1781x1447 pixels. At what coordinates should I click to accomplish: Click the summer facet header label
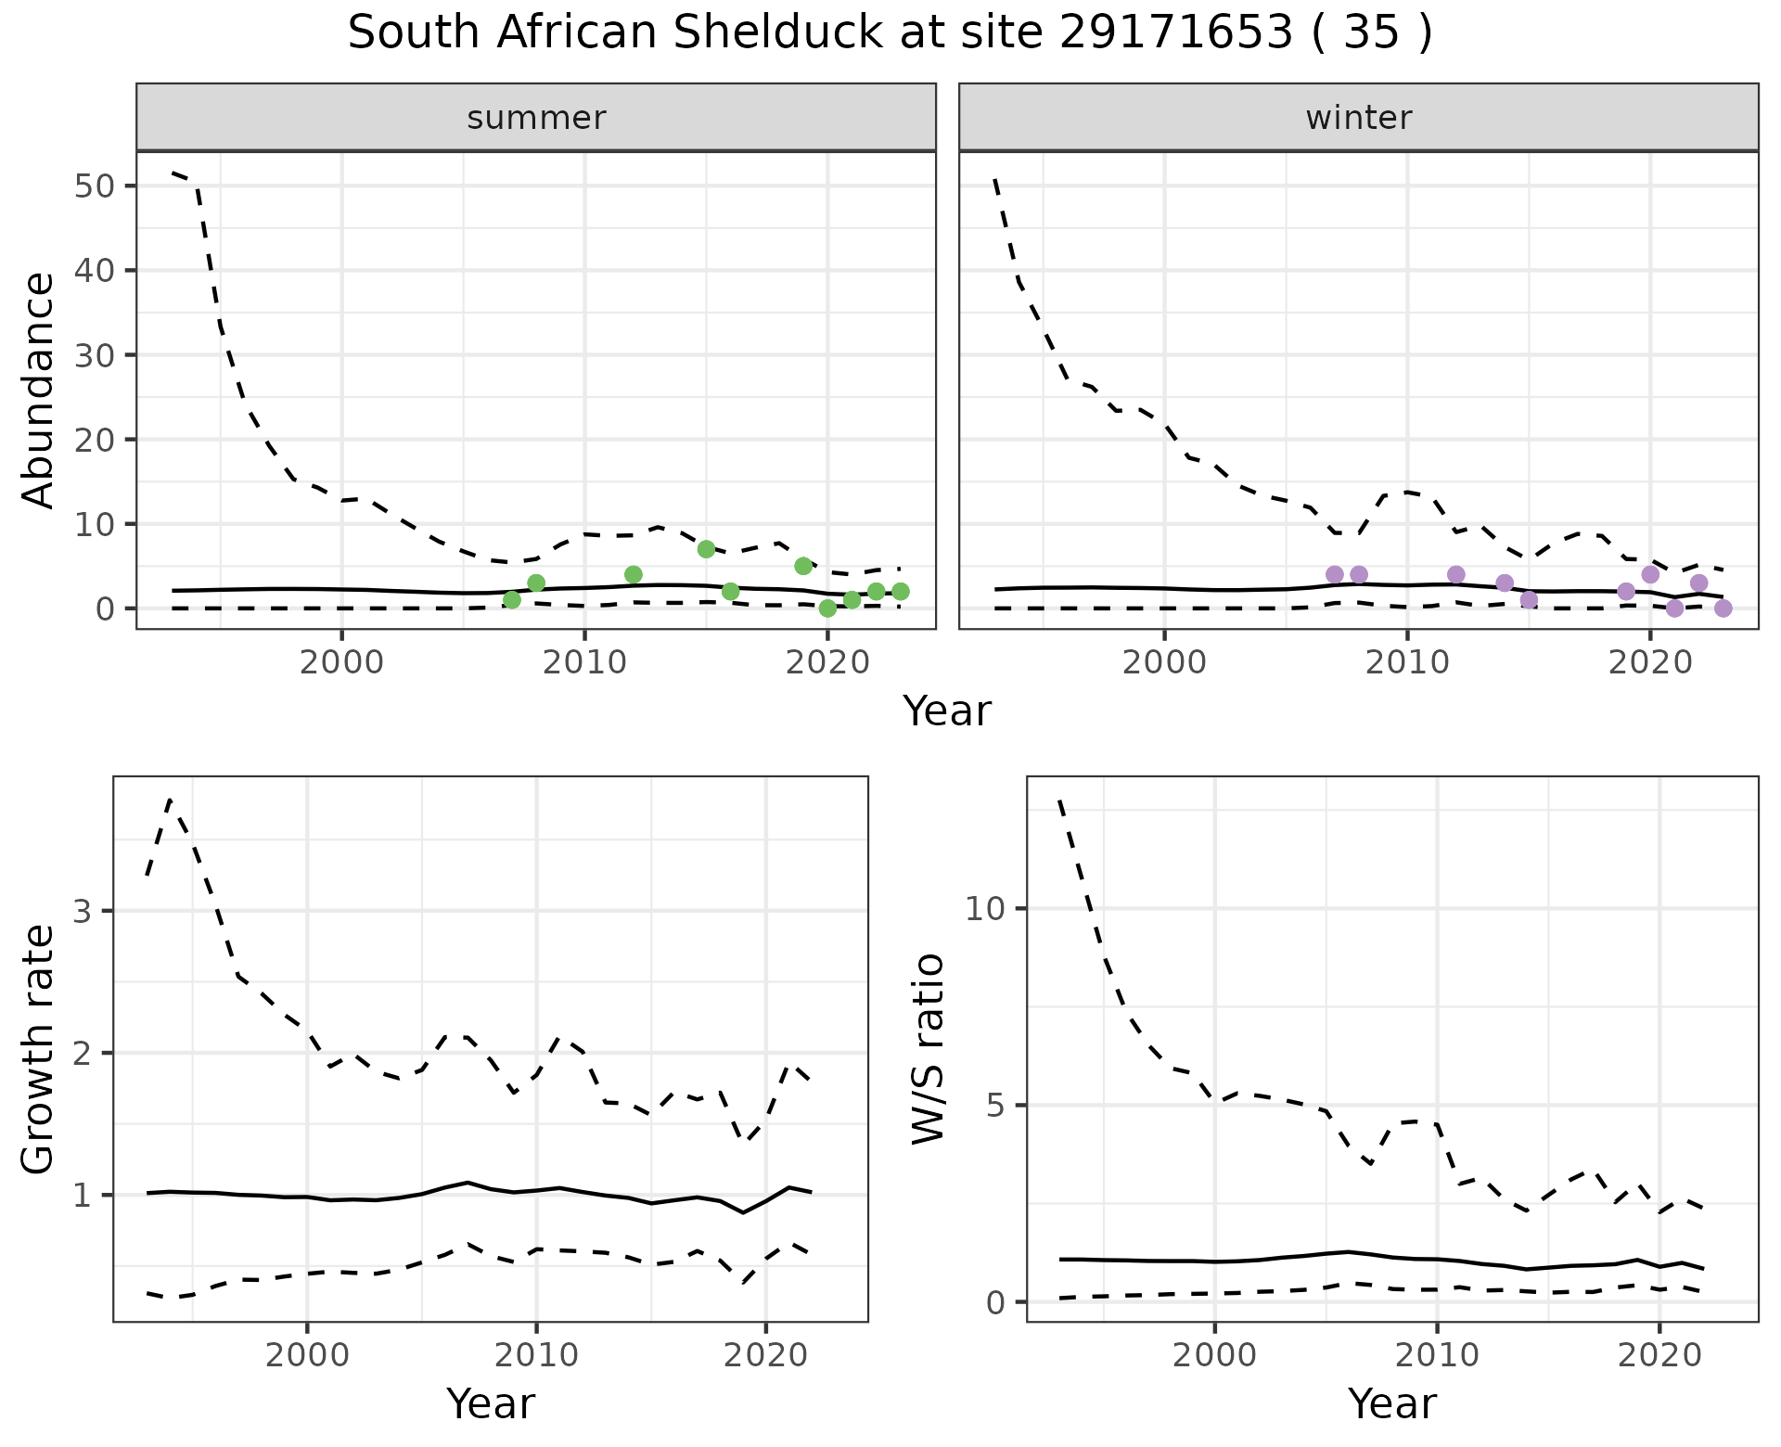536,118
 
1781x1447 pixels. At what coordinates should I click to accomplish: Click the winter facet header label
1358,118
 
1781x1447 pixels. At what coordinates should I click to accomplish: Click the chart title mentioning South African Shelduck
890,33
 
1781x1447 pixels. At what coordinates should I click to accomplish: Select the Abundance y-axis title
38,390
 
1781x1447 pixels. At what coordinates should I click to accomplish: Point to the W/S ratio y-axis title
928,1049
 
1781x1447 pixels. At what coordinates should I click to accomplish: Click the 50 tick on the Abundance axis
92,186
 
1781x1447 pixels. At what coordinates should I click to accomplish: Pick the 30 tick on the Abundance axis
92,355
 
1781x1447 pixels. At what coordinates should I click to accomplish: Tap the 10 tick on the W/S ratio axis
985,908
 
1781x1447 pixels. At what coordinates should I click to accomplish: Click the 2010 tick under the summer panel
584,664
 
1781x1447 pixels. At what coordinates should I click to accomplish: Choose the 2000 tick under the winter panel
1164,664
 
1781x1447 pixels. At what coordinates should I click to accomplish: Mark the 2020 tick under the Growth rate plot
764,1355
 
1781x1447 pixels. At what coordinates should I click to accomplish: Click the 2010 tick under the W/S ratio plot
1437,1355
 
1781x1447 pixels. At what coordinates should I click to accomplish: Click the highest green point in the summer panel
706,549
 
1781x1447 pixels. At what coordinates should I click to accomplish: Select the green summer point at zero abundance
827,608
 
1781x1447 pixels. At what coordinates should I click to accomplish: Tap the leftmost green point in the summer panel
511,600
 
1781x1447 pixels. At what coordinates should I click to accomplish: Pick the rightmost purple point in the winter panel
1723,608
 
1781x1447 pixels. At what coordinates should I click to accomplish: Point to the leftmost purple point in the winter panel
1334,574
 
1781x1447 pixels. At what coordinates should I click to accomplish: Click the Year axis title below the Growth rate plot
490,1403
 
